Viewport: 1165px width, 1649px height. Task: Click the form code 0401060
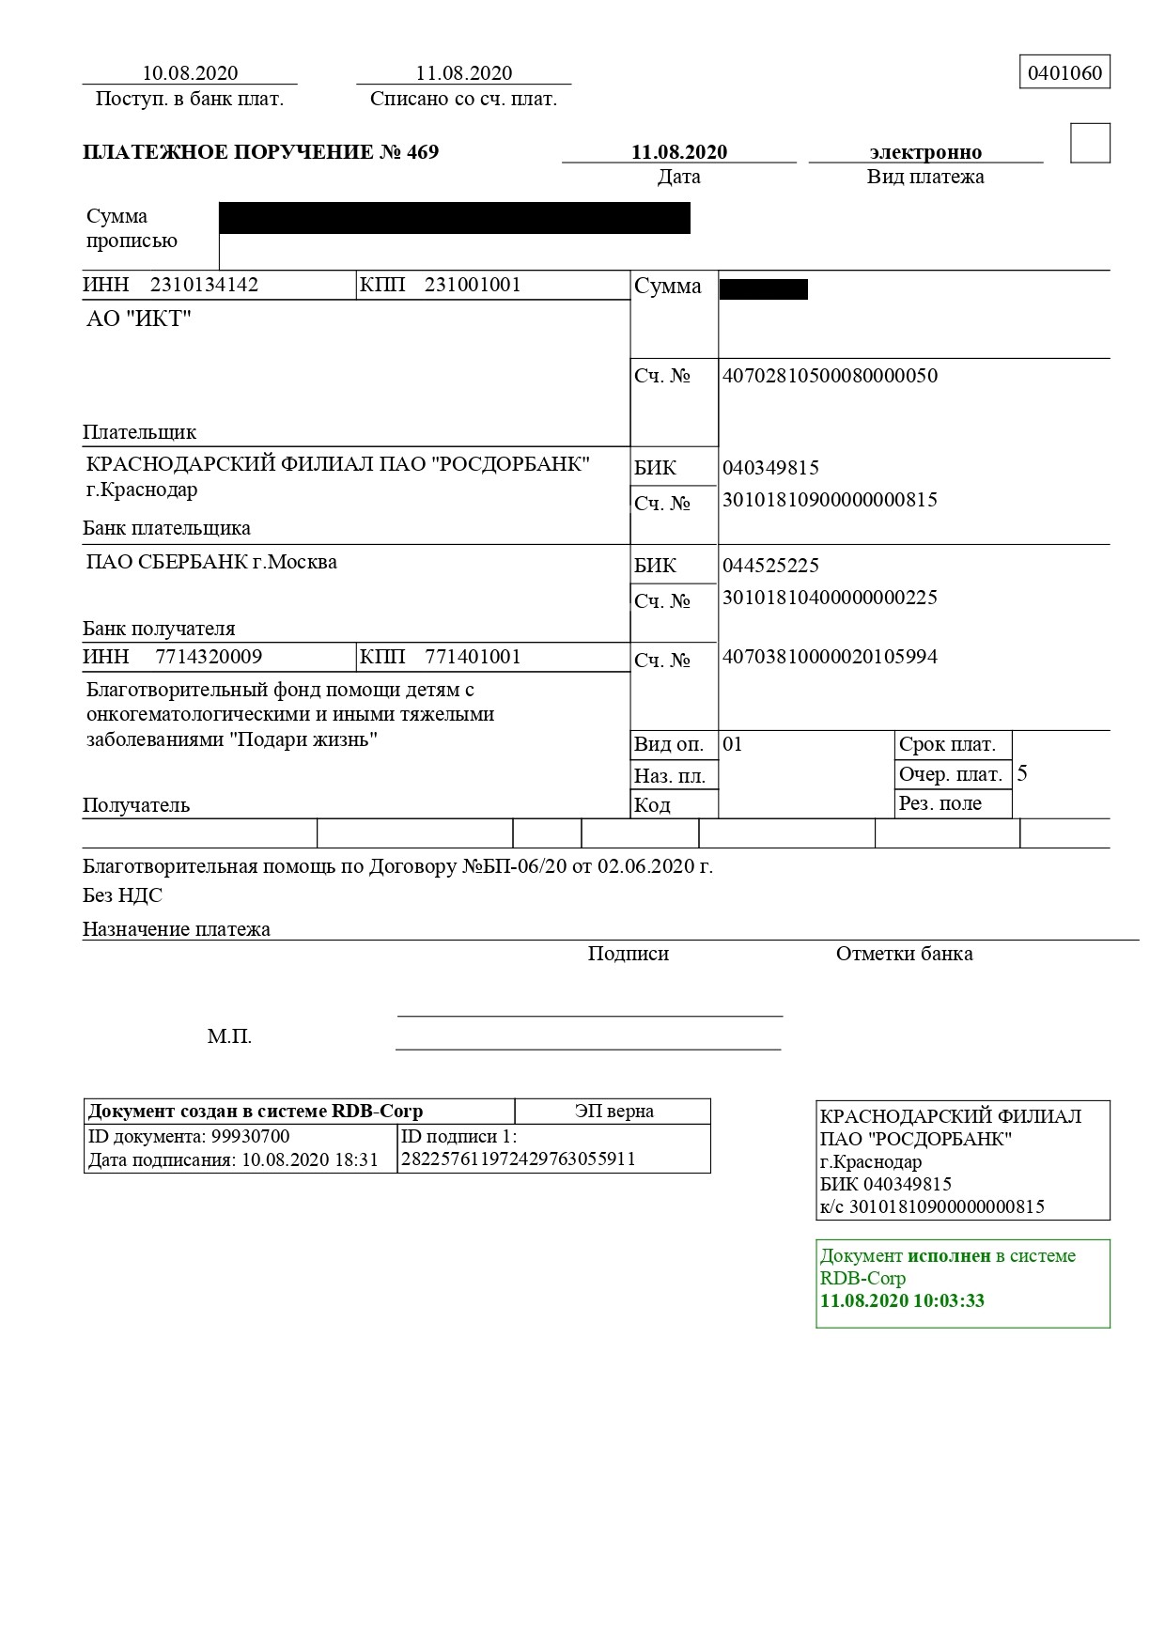tap(1064, 73)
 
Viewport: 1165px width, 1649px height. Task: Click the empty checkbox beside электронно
tap(1090, 144)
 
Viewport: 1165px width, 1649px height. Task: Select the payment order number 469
tap(423, 152)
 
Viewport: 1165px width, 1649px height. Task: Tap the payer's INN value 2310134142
tap(204, 285)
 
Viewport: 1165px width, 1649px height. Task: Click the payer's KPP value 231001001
tap(473, 285)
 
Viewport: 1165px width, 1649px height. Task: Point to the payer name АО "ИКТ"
tap(139, 319)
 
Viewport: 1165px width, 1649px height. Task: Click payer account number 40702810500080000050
tap(830, 376)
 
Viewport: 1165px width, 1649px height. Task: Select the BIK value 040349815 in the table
tap(770, 468)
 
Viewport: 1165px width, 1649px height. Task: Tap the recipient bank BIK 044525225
tap(770, 566)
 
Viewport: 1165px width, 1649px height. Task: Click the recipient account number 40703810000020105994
tap(830, 657)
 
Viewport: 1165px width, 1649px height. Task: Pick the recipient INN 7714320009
tap(209, 657)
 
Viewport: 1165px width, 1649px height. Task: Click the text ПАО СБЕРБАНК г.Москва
tap(211, 563)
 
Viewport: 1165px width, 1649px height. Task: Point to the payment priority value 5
tap(1022, 774)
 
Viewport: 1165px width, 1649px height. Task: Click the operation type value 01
tap(733, 745)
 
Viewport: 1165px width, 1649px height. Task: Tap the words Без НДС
tap(122, 895)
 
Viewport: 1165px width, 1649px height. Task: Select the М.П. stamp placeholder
tap(229, 1037)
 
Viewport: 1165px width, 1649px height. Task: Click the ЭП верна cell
tap(614, 1112)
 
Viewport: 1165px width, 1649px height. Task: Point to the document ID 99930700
tap(250, 1137)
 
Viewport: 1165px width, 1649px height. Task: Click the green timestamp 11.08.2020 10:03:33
tap(902, 1301)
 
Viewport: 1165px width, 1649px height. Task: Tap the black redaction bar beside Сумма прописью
tap(455, 218)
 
